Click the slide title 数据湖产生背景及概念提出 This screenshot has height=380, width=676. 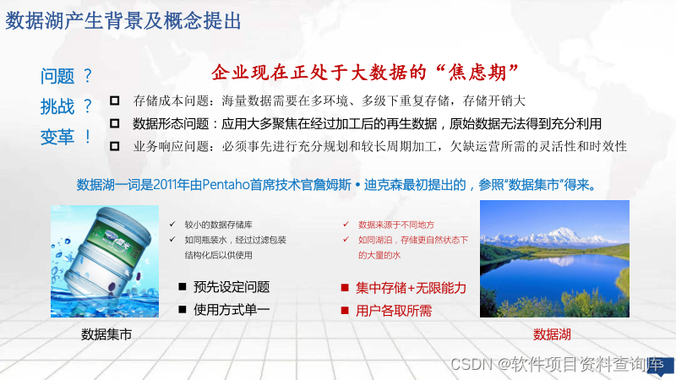(x=123, y=21)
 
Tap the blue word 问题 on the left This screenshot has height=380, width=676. (x=57, y=77)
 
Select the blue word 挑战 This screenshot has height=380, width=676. (x=57, y=106)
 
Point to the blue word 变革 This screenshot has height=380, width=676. (x=57, y=137)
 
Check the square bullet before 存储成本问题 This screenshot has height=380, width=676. (x=115, y=100)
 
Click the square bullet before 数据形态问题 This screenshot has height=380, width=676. (x=115, y=123)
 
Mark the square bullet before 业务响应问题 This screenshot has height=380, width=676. (x=115, y=146)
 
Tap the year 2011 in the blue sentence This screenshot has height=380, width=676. (x=165, y=185)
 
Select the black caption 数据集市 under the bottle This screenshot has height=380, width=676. (x=106, y=334)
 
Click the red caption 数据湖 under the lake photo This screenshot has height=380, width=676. (x=552, y=334)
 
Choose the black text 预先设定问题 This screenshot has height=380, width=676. (x=232, y=287)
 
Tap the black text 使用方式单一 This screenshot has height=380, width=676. (x=232, y=309)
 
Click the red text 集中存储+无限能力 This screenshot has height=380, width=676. (x=411, y=288)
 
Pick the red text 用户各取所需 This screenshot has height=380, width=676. (x=394, y=311)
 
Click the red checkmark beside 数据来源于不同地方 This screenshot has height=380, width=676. (x=346, y=224)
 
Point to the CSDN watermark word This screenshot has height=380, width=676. (x=472, y=365)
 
